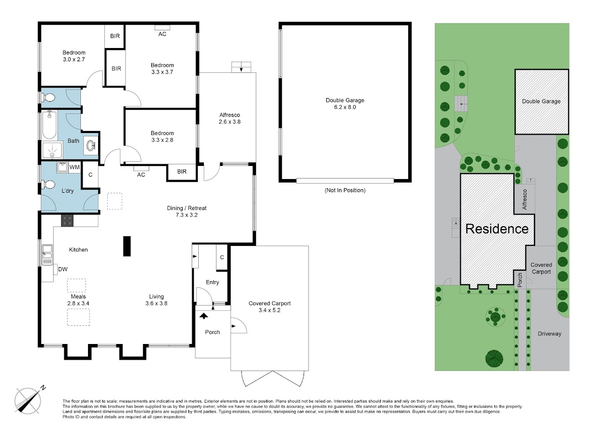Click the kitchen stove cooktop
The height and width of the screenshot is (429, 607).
pos(67,221)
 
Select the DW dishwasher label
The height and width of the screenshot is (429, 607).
pos(63,269)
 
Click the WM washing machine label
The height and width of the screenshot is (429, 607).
pos(74,167)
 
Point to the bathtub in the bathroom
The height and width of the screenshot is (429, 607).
pos(49,124)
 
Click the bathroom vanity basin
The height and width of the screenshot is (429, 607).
pos(91,146)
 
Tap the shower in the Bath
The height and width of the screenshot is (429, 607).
pos(52,150)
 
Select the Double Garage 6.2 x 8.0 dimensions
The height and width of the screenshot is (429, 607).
pos(345,107)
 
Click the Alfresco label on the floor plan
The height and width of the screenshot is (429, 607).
pos(230,115)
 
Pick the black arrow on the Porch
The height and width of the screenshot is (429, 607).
pos(204,316)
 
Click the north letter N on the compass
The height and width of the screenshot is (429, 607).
pos(43,388)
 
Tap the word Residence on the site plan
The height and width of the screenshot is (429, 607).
pos(497,229)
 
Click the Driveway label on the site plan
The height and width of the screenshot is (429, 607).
pos(549,334)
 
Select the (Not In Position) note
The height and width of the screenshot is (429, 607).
pos(345,190)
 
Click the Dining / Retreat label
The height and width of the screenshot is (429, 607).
pos(187,208)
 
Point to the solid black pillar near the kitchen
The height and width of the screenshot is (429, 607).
pos(127,246)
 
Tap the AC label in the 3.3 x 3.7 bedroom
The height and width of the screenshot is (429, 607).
pos(162,34)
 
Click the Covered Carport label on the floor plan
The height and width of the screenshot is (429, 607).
pos(270,303)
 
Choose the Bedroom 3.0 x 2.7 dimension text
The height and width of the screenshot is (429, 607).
pos(74,59)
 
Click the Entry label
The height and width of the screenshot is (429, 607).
pos(212,282)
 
